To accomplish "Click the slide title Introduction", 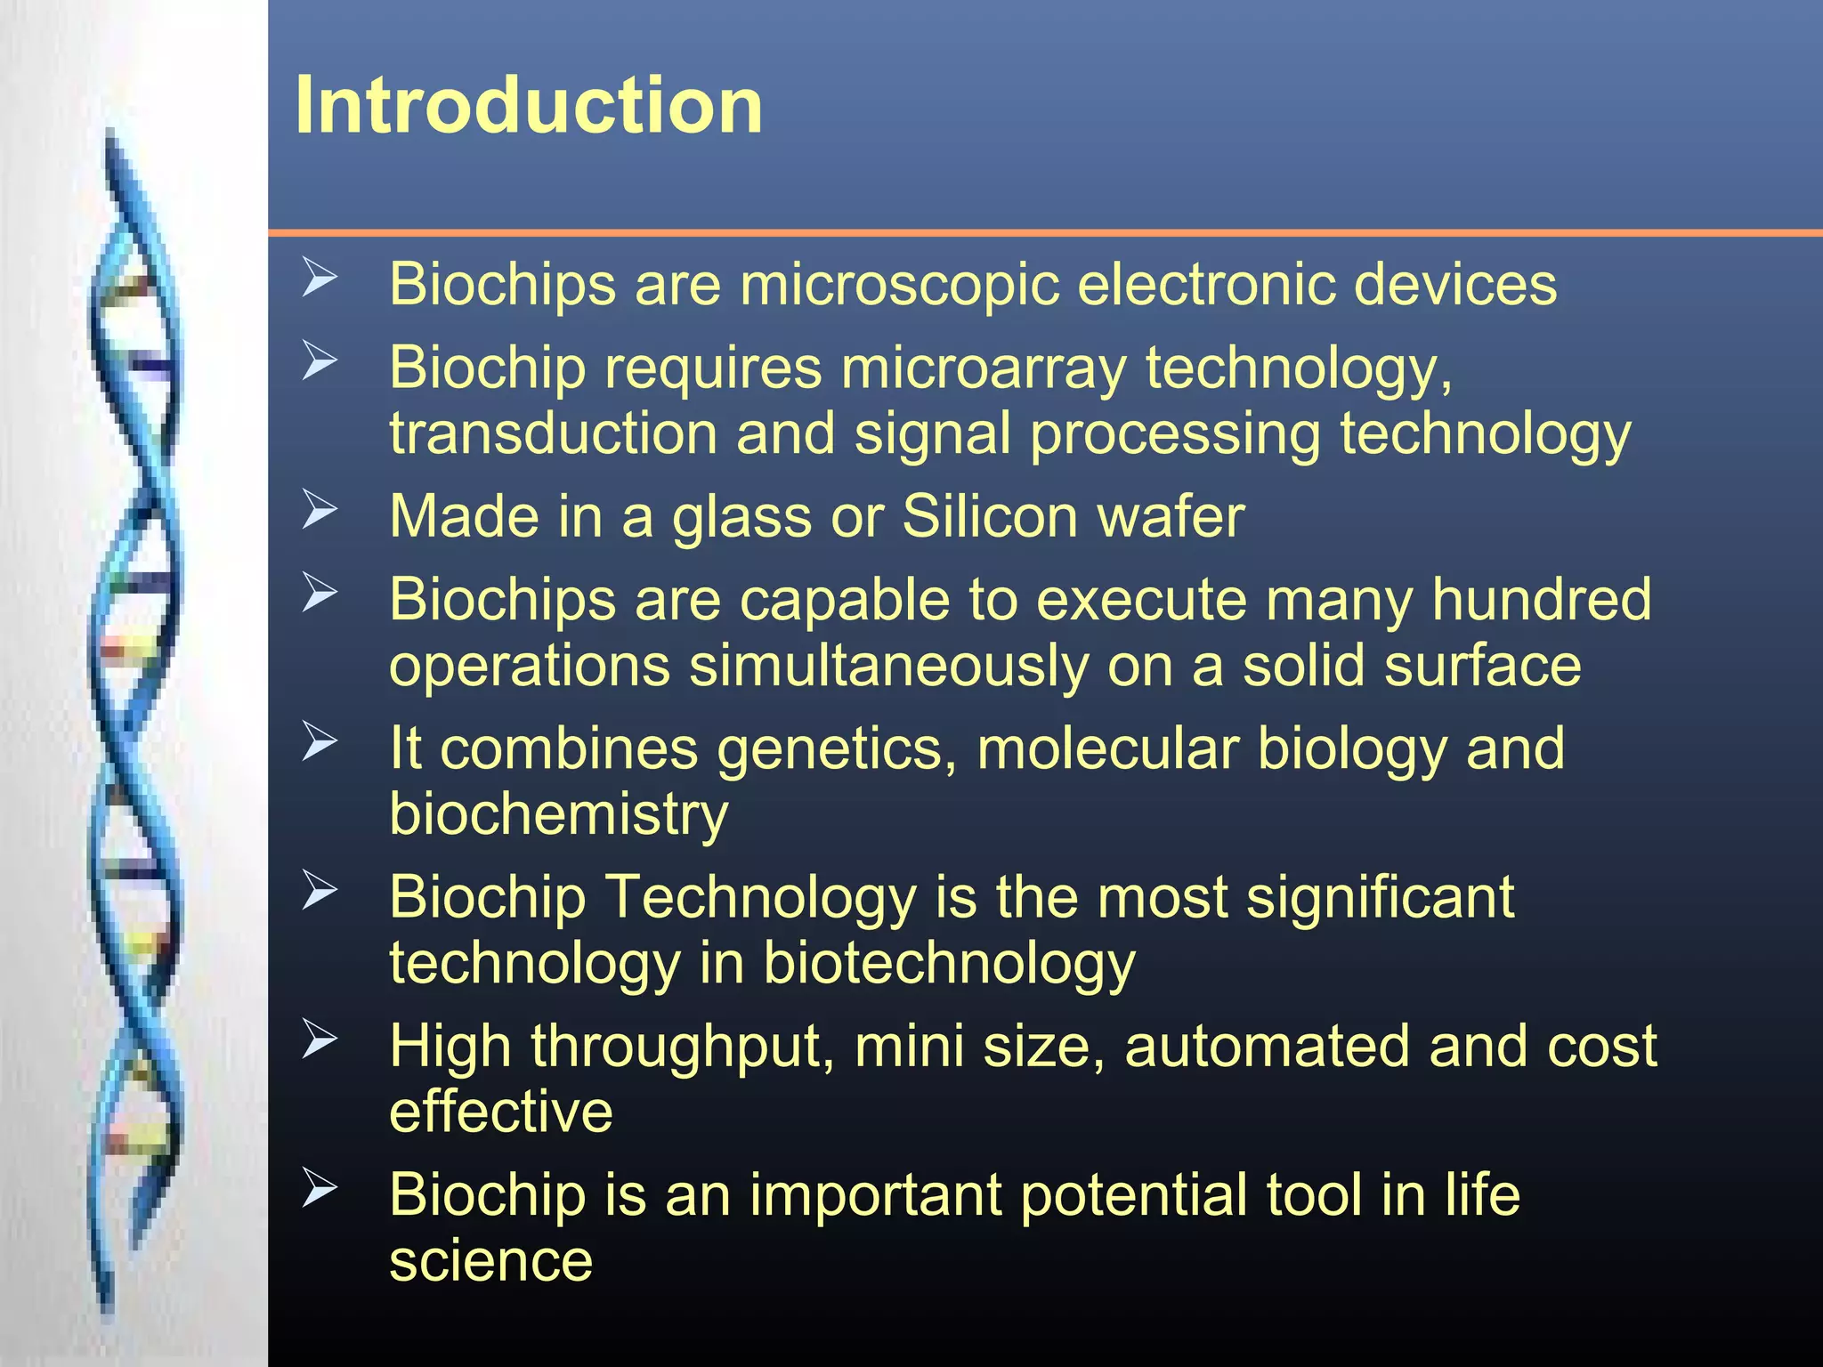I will [529, 106].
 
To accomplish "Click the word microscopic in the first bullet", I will [899, 285].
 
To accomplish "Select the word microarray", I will [983, 368].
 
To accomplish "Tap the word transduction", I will [553, 433].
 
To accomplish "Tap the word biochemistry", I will [558, 814].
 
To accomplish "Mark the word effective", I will [500, 1112].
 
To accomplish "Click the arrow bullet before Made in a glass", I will [320, 509].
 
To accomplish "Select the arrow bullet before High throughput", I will [320, 1039].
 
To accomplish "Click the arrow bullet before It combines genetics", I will [320, 741].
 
